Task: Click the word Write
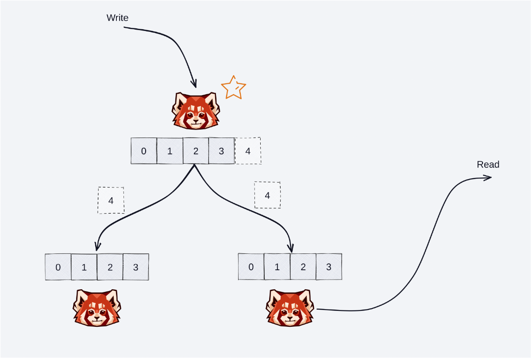(117, 18)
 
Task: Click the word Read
(488, 165)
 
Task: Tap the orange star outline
(233, 87)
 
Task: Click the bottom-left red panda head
(96, 308)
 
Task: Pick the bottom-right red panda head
(289, 308)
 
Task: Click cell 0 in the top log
(144, 151)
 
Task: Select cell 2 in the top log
(196, 151)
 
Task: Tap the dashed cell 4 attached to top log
(248, 151)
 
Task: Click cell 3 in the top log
(222, 151)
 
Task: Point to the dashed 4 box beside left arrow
(111, 200)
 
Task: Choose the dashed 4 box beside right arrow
(267, 195)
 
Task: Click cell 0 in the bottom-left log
(58, 267)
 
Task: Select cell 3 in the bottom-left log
(136, 267)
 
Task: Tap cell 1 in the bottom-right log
(277, 267)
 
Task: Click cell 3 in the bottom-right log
(329, 267)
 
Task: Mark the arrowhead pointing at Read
(488, 178)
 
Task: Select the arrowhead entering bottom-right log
(291, 248)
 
